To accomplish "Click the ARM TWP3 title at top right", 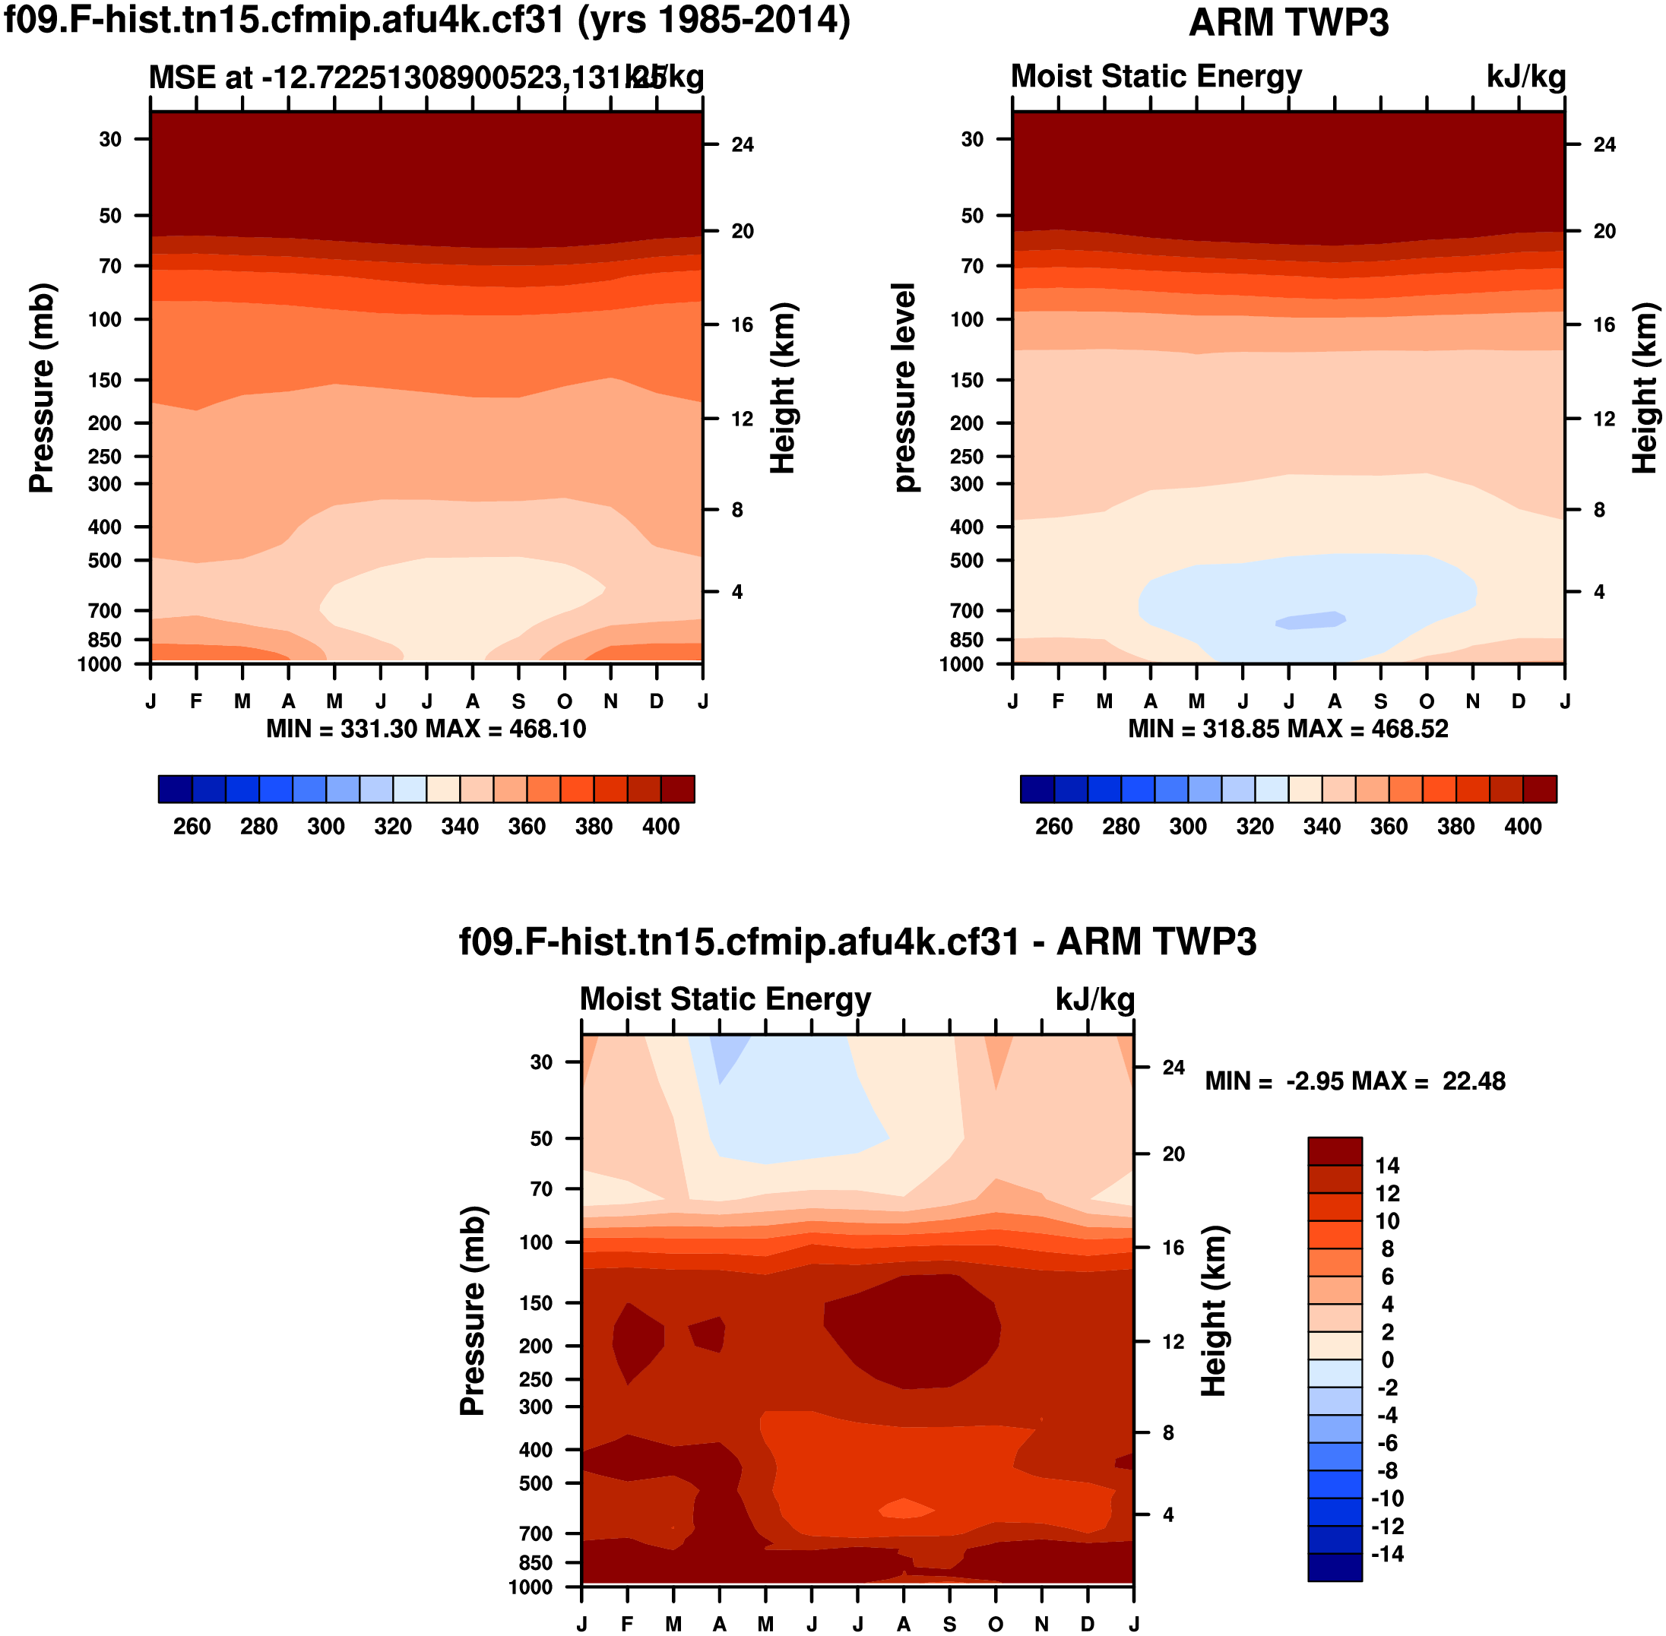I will pyautogui.click(x=1288, y=22).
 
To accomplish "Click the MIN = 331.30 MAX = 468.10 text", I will pyautogui.click(x=426, y=729).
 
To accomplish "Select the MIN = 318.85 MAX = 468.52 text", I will pyautogui.click(x=1288, y=729).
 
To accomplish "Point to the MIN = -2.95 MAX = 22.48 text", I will pyautogui.click(x=1355, y=1081).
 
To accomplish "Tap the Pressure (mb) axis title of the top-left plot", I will pyautogui.click(x=41, y=388).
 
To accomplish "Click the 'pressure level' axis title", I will pyautogui.click(x=904, y=388).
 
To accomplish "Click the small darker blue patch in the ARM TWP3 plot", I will pyautogui.click(x=1311, y=620).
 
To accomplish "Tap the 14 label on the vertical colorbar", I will pyautogui.click(x=1386, y=1166).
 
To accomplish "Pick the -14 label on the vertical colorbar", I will pyautogui.click(x=1386, y=1553).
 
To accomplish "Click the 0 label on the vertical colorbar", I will pyautogui.click(x=1386, y=1360).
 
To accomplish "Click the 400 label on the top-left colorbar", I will pyautogui.click(x=660, y=827).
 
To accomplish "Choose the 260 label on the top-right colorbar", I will pyautogui.click(x=1053, y=827).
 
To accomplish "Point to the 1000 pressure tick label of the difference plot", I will pyautogui.click(x=531, y=1587).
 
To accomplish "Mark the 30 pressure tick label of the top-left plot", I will pyautogui.click(x=110, y=139).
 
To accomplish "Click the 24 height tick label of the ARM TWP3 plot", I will pyautogui.click(x=1604, y=145).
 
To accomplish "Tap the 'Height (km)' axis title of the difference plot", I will pyautogui.click(x=1213, y=1312).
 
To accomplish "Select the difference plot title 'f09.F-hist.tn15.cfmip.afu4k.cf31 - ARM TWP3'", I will pyautogui.click(x=857, y=941).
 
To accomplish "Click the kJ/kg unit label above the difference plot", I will pyautogui.click(x=1094, y=1000).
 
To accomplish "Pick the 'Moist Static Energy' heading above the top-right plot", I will pyautogui.click(x=1155, y=77).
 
